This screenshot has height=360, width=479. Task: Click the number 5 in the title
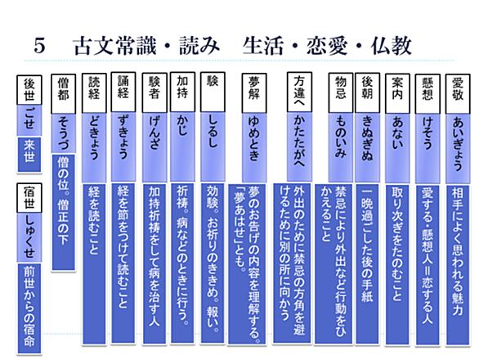39,46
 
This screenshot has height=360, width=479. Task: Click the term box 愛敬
457,93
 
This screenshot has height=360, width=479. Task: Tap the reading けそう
428,133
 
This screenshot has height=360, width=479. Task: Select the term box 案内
397,93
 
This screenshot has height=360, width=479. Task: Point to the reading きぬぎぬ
367,139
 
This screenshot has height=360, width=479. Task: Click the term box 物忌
341,92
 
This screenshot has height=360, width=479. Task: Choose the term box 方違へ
299,92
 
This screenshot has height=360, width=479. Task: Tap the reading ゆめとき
254,139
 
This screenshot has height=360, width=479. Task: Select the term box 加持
182,92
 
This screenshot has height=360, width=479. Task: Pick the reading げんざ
154,133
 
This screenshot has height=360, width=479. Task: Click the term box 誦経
123,92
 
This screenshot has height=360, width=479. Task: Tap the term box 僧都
63,94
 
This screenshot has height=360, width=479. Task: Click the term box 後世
29,90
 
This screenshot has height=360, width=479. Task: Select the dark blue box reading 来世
29,155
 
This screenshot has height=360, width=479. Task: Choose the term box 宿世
29,198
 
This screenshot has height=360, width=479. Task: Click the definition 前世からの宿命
29,308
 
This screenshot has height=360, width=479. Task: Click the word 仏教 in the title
391,46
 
